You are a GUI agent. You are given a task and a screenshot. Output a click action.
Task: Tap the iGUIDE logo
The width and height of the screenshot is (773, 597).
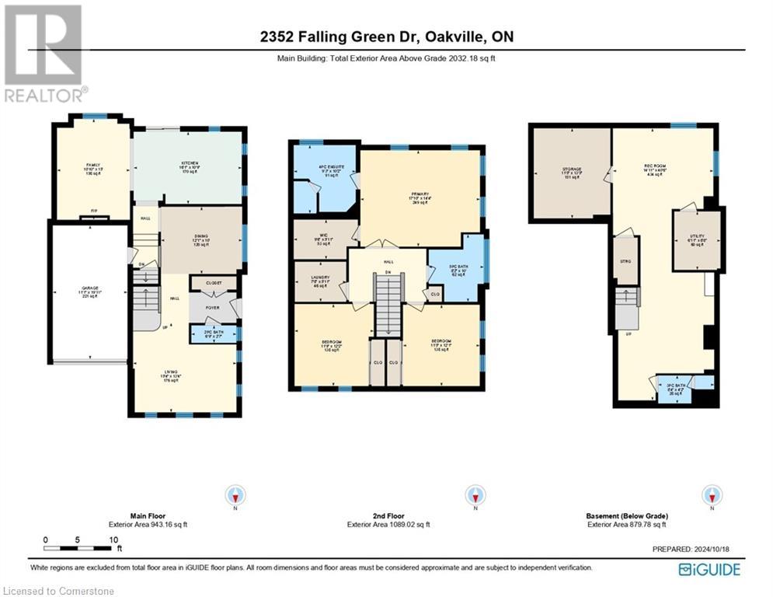pyautogui.click(x=709, y=570)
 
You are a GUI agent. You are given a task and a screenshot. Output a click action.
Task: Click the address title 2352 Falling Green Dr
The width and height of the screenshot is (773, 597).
pyautogui.click(x=386, y=37)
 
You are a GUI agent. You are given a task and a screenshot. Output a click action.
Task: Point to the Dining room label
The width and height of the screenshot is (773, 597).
pyautogui.click(x=201, y=243)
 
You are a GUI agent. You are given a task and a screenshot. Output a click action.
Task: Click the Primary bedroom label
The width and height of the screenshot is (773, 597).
pyautogui.click(x=421, y=197)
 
